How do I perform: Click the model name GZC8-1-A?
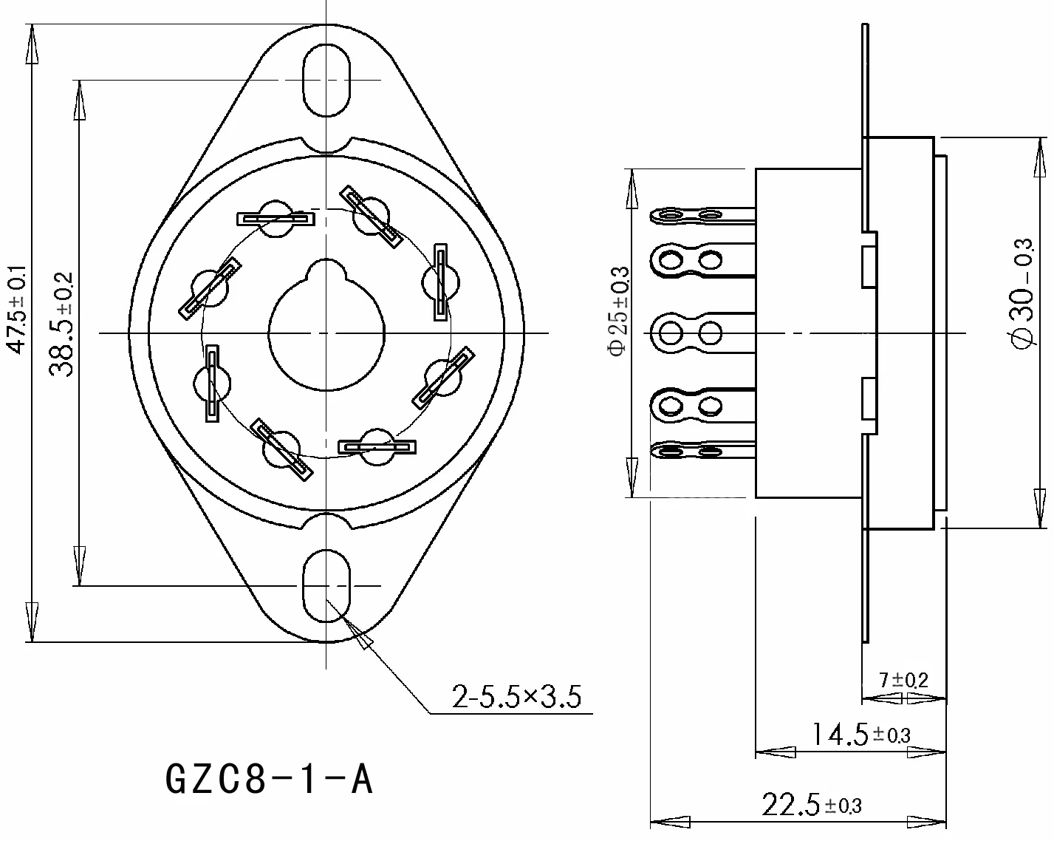(x=270, y=779)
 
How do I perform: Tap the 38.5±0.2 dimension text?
(x=63, y=324)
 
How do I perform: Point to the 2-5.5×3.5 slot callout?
(x=517, y=696)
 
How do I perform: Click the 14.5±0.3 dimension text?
(x=860, y=734)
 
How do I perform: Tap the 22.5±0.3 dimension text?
(x=812, y=804)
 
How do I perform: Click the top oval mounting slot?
(x=326, y=80)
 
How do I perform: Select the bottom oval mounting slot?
(x=326, y=585)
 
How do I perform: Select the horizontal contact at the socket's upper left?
(x=275, y=219)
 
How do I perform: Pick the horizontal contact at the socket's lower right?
(x=377, y=446)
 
